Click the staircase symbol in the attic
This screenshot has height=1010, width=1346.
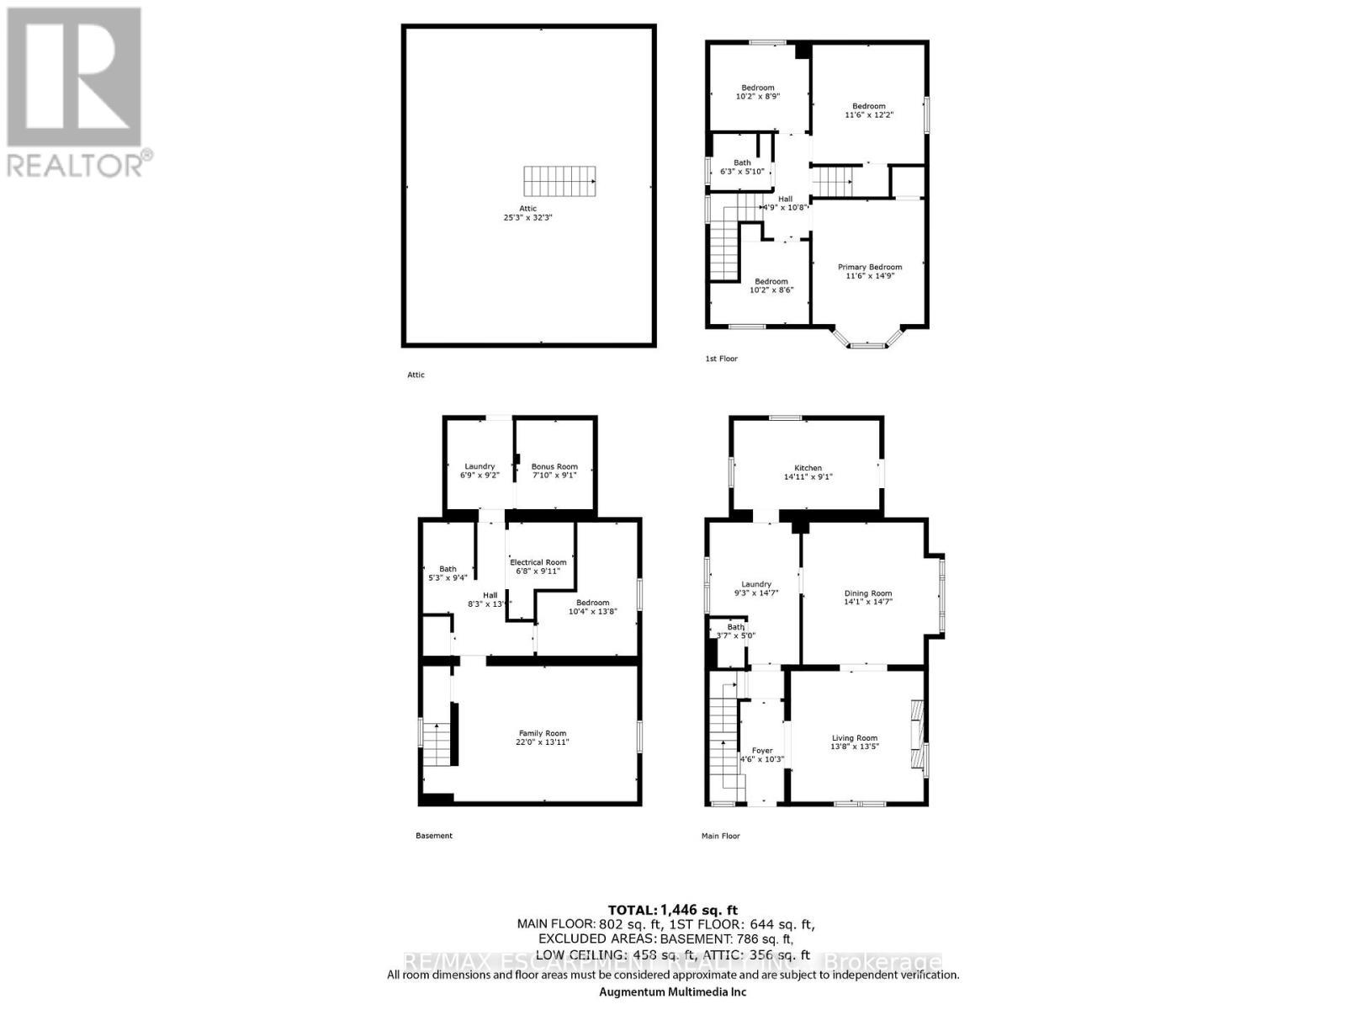click(560, 180)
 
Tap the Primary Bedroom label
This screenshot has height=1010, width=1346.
click(869, 267)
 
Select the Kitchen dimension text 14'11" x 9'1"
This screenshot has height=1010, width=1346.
click(808, 476)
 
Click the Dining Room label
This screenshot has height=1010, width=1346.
click(868, 593)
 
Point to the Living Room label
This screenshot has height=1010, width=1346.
click(854, 738)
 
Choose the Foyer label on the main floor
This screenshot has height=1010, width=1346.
click(761, 750)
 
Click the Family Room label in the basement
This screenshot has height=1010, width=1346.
click(542, 733)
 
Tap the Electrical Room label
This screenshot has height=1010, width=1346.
click(538, 562)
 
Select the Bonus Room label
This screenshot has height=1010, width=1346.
click(554, 466)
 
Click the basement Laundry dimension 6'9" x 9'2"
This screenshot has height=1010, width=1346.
click(480, 475)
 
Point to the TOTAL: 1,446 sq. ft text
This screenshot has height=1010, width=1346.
click(673, 910)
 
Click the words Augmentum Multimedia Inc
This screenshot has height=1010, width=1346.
click(673, 991)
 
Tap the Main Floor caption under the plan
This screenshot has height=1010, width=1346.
click(720, 836)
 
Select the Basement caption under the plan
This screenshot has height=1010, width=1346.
click(434, 836)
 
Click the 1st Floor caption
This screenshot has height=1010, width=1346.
click(721, 359)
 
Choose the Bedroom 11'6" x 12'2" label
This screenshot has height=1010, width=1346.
click(868, 110)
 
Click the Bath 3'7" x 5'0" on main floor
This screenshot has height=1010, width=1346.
click(735, 631)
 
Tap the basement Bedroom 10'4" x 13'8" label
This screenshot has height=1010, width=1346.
click(592, 607)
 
